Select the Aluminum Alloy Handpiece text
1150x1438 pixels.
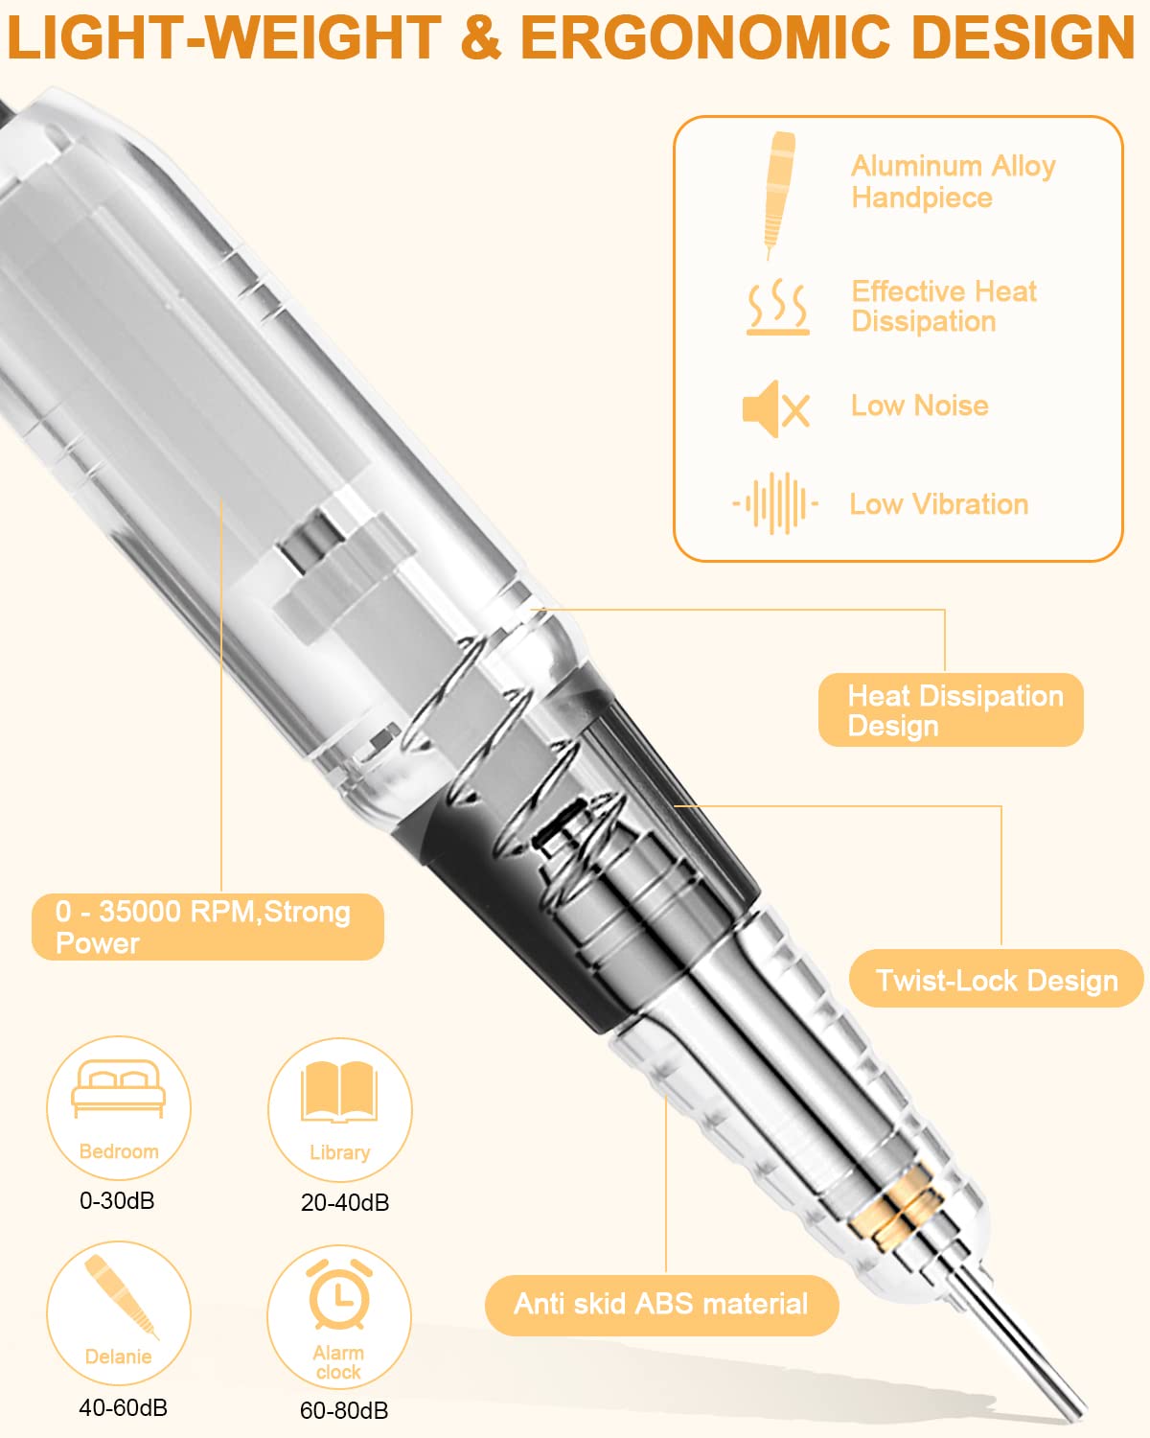[953, 182]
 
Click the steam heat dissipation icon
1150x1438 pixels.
[778, 307]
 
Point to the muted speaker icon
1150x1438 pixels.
[776, 409]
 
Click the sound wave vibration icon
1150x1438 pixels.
[775, 503]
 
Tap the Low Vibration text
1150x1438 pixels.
[939, 504]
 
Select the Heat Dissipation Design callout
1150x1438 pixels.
[951, 709]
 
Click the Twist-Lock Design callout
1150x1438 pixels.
[997, 981]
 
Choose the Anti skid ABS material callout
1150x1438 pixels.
[661, 1305]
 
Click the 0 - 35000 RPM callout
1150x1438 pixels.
[208, 927]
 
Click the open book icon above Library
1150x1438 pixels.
[339, 1091]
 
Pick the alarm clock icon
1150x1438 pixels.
[339, 1295]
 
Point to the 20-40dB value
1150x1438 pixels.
[345, 1203]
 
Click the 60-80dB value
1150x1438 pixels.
[344, 1410]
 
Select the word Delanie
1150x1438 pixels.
[118, 1357]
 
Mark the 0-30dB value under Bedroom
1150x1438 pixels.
[117, 1201]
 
